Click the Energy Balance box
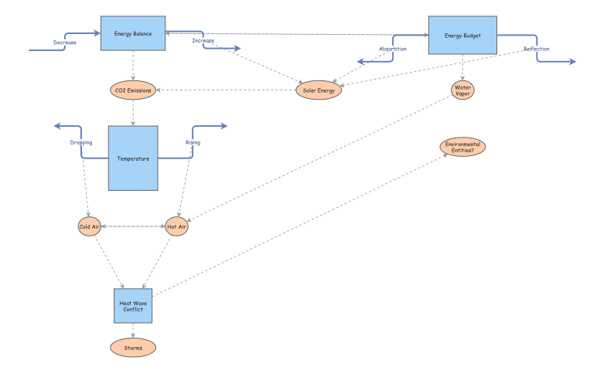(134, 34)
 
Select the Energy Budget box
(462, 36)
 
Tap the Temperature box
(133, 158)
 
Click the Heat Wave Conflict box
(133, 306)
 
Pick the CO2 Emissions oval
(133, 90)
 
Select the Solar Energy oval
(319, 90)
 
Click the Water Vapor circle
(462, 90)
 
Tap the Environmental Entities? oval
(463, 146)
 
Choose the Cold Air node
(90, 226)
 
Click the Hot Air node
(177, 226)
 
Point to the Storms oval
(133, 348)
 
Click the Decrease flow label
(65, 42)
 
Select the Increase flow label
(203, 40)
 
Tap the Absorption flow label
(393, 49)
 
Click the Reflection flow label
(537, 49)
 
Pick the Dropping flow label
(80, 142)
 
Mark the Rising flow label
(193, 142)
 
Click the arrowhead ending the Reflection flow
(572, 62)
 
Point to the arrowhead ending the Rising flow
(223, 126)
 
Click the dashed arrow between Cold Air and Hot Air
(133, 226)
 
